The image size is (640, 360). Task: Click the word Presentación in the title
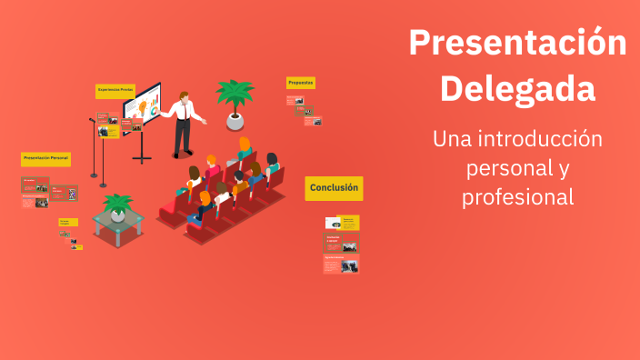[x=517, y=44]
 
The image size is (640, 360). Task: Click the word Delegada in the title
[x=517, y=89]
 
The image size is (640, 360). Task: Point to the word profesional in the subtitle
[x=517, y=196]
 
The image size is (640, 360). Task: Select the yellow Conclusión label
[x=334, y=188]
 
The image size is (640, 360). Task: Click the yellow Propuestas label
[x=301, y=83]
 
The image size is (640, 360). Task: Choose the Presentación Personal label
[x=45, y=158]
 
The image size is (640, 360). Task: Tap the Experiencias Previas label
[x=115, y=90]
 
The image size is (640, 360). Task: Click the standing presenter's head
[x=184, y=95]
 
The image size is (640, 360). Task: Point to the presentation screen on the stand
[x=143, y=108]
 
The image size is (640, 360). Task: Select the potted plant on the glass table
[x=117, y=205]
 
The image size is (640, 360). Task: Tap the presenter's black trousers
[x=183, y=136]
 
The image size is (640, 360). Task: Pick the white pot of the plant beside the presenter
[x=235, y=120]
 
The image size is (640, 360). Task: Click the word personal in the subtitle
[x=499, y=168]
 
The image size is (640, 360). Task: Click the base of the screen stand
[x=142, y=160]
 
